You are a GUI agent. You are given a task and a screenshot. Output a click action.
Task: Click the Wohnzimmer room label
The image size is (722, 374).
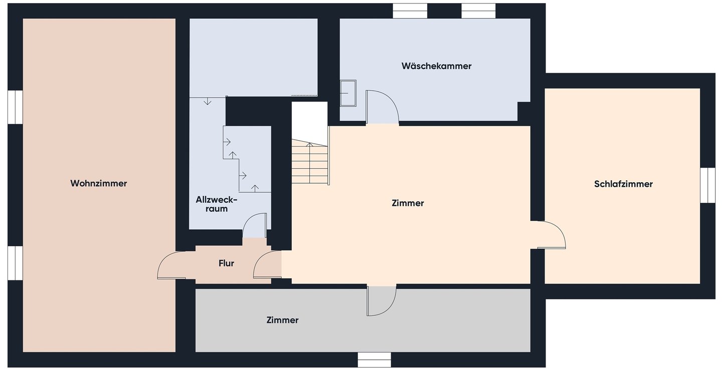point(99,183)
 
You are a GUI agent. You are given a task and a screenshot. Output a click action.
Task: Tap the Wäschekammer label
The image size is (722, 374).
point(436,66)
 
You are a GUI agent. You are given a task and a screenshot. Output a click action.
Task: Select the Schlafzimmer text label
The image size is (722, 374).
point(623,184)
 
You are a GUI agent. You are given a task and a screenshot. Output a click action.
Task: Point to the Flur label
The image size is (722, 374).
point(226,263)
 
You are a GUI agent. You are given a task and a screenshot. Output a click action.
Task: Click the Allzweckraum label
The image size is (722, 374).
point(217,204)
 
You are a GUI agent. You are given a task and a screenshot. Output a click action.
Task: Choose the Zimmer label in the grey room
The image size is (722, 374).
point(282,320)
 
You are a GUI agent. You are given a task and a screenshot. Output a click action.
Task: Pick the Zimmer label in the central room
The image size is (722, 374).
point(408,203)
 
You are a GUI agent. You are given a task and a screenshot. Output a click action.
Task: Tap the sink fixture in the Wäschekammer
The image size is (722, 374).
point(348,93)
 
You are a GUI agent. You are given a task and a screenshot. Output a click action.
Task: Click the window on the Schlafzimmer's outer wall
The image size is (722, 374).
point(708,185)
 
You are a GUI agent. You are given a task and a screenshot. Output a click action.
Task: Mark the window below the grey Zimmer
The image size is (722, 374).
point(374,360)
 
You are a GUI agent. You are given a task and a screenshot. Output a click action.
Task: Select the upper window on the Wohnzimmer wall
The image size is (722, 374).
point(15,107)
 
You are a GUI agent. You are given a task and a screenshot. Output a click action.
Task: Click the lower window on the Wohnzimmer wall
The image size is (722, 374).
point(15,263)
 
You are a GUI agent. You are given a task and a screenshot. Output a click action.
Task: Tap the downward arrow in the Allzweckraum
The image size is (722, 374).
point(208,101)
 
